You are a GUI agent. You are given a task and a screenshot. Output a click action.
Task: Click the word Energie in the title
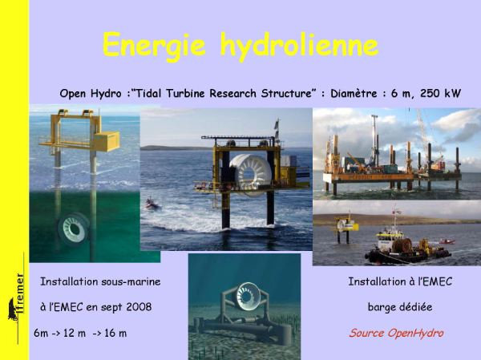pyautogui.click(x=154, y=46)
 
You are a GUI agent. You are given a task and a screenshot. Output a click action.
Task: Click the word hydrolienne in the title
pyautogui.click(x=299, y=47)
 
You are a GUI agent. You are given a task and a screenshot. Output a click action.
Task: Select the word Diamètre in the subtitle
pyautogui.click(x=354, y=93)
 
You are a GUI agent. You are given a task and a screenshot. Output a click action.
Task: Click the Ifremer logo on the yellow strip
pyautogui.click(x=17, y=298)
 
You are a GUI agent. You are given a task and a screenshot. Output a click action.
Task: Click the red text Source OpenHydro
pyautogui.click(x=396, y=333)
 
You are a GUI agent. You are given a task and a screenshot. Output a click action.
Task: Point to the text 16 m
pyautogui.click(x=115, y=333)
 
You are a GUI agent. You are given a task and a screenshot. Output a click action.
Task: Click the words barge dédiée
pyautogui.click(x=400, y=306)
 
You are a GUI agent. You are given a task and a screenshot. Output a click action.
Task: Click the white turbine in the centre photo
pyautogui.click(x=250, y=173)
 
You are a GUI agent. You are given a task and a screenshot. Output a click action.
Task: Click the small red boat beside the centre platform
pyautogui.click(x=152, y=204)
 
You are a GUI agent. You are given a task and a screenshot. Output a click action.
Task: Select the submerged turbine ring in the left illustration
pyautogui.click(x=72, y=229)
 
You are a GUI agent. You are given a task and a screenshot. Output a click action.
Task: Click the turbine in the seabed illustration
pyautogui.click(x=248, y=296)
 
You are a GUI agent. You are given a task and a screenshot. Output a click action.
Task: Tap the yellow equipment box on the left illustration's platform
pyautogui.click(x=107, y=141)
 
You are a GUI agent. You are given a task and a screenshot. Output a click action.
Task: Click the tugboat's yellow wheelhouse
pyautogui.click(x=389, y=236)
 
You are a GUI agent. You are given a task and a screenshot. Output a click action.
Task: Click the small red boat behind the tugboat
pyautogui.click(x=447, y=242)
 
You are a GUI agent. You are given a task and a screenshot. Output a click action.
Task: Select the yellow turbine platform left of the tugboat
pyautogui.click(x=346, y=228)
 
